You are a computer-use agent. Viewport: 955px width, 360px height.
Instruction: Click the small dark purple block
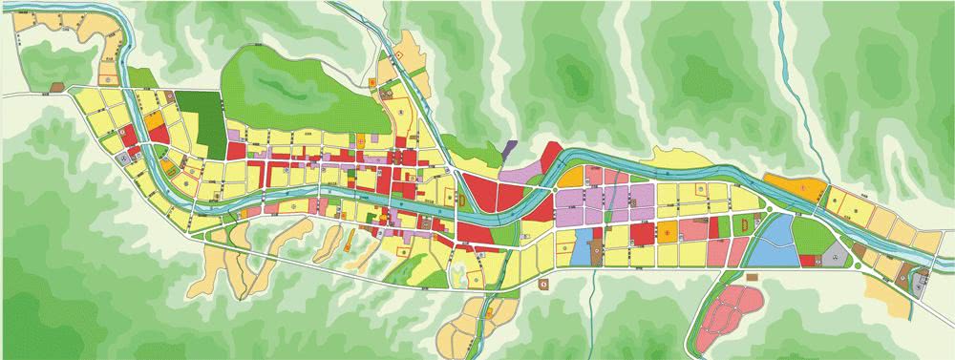click(509, 149)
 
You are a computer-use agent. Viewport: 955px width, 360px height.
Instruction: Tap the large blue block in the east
click(778, 240)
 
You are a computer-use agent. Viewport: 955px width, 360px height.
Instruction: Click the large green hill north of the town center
click(277, 86)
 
